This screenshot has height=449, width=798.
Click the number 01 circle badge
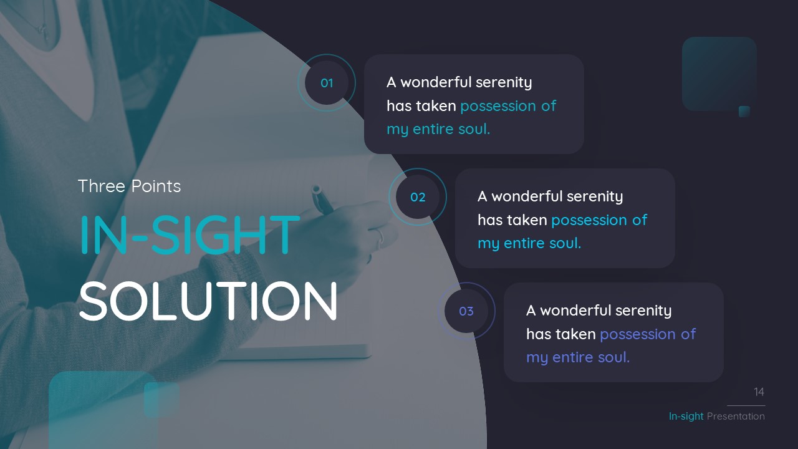[x=327, y=83]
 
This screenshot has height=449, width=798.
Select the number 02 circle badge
[x=418, y=197]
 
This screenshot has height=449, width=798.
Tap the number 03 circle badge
[x=466, y=311]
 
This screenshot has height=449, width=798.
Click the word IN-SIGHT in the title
[x=190, y=234]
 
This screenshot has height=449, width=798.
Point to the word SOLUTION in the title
[x=208, y=302]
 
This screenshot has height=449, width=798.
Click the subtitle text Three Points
[x=129, y=186]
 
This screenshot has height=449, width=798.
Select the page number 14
[x=759, y=392]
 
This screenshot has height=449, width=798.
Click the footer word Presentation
[x=736, y=416]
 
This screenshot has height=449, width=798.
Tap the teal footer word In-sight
[x=686, y=416]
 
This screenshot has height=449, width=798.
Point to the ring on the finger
[x=379, y=235]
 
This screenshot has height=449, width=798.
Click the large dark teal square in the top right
[x=719, y=72]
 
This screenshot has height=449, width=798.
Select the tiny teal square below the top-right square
[x=744, y=112]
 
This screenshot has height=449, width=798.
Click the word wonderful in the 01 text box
[x=436, y=82]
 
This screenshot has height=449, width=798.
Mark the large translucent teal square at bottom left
[x=100, y=408]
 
